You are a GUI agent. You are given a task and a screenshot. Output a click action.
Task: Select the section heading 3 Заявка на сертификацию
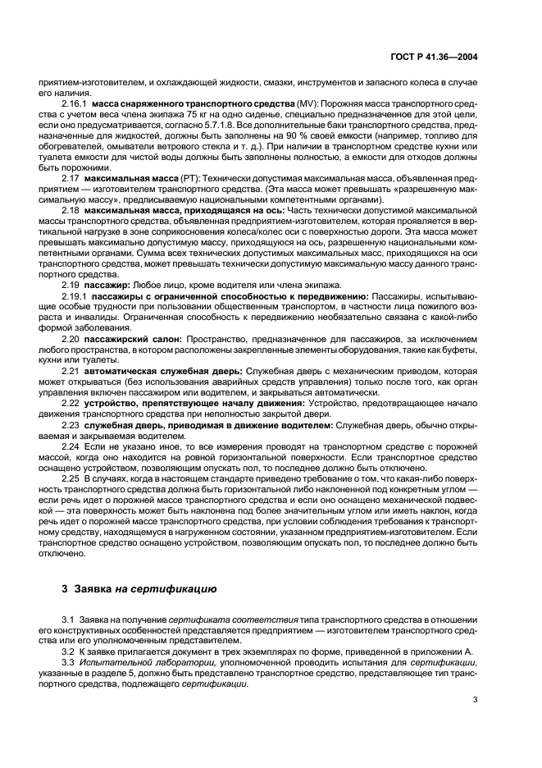[139, 588]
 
